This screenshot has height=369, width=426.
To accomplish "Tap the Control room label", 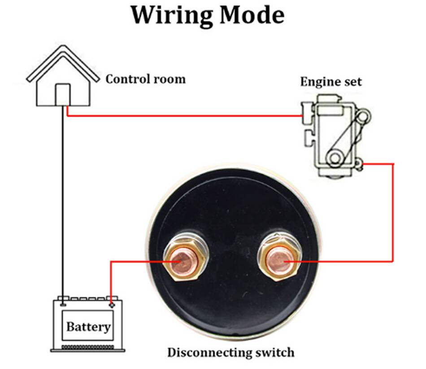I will coord(145,79).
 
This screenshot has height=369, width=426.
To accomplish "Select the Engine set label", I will coord(330,82).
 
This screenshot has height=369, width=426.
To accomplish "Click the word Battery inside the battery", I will coord(88,326).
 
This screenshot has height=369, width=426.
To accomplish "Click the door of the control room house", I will coord(62,95).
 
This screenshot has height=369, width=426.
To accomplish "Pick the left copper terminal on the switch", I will coord(182,261).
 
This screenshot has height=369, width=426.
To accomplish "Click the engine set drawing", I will coord(334,135).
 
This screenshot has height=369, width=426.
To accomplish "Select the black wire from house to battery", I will coord(63,202).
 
